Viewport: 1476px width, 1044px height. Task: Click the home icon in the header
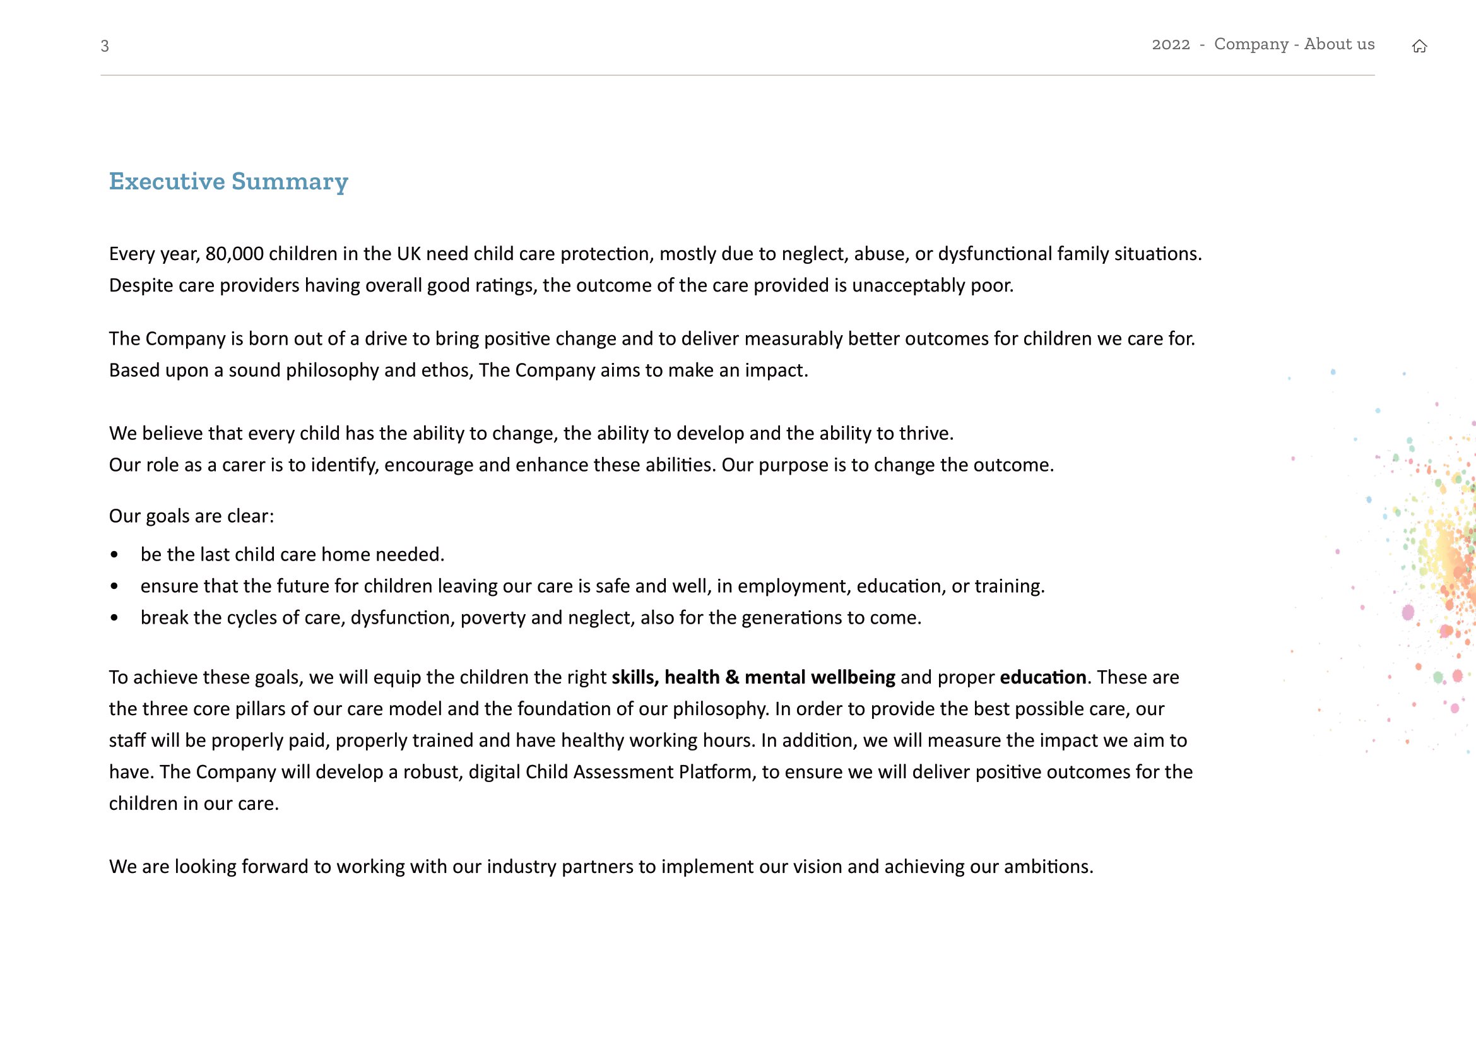coord(1419,46)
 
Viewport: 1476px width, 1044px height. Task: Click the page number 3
coord(105,46)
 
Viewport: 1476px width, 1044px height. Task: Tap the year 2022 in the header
coord(1171,44)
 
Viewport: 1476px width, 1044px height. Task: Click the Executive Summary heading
coord(228,182)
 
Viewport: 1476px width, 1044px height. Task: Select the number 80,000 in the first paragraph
coord(235,254)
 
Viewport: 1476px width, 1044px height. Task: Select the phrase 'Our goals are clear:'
coord(192,516)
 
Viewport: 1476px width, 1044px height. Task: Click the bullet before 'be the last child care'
coord(114,555)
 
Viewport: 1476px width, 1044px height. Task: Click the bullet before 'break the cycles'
coord(114,618)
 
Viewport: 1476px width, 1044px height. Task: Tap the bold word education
coord(1042,677)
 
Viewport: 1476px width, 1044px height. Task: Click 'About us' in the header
coord(1339,44)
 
